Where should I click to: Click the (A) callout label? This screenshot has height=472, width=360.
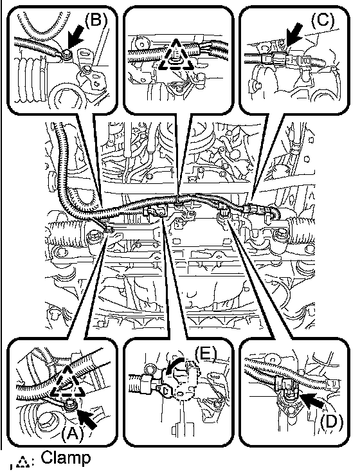click(x=71, y=433)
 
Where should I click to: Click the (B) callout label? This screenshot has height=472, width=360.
click(x=96, y=21)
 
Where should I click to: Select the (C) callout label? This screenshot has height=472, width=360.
click(x=322, y=20)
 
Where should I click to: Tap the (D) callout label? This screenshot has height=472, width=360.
click(x=330, y=422)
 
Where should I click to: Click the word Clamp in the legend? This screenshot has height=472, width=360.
click(x=66, y=458)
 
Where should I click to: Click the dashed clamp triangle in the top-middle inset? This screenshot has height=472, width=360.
click(x=175, y=57)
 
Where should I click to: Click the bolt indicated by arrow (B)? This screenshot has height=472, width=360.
click(x=66, y=54)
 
